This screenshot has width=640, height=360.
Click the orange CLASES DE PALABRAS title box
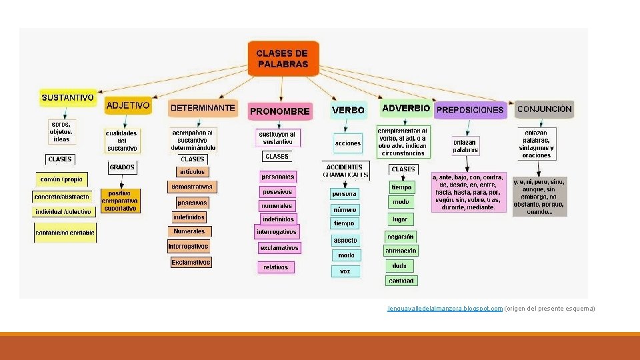[x=283, y=58]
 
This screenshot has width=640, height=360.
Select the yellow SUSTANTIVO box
[x=67, y=97]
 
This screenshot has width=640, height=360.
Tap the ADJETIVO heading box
[x=128, y=105]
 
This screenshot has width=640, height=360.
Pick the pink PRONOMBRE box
[x=279, y=111]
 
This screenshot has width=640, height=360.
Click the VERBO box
[x=348, y=109]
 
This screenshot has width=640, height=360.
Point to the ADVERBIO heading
[x=405, y=107]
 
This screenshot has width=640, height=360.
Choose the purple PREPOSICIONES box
[x=470, y=109]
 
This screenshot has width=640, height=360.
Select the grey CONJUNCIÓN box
[x=544, y=109]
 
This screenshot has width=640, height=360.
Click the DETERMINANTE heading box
[x=203, y=107]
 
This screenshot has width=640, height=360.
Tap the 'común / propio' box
[x=61, y=179]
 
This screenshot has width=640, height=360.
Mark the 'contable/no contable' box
[x=65, y=233]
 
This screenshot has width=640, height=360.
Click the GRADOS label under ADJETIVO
[x=122, y=167]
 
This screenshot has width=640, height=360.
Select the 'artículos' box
[x=192, y=172]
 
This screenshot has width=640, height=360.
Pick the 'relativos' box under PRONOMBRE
[x=275, y=267]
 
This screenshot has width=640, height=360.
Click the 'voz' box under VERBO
[x=345, y=271]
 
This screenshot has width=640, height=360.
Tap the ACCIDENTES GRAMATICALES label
[x=345, y=171]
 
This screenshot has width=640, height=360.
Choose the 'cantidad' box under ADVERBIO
[x=401, y=281]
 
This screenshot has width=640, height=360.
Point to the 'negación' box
[x=400, y=236]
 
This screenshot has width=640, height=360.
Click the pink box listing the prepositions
[x=468, y=193]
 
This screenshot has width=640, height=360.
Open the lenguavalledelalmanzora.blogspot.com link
[x=445, y=309]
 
